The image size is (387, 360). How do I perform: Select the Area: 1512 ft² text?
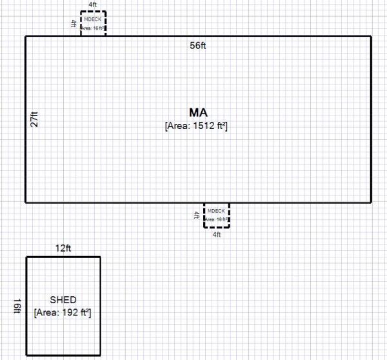click(197, 126)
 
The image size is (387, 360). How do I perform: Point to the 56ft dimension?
click(198, 46)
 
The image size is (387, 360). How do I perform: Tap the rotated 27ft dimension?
click(34, 119)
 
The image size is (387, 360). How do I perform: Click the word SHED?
click(63, 300)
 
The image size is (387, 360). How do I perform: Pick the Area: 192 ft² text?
click(63, 313)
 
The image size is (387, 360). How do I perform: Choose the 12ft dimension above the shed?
click(63, 248)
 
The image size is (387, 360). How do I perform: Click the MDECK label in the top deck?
click(93, 19)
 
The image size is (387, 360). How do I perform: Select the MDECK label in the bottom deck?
click(217, 211)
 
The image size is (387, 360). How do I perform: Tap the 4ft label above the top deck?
click(93, 5)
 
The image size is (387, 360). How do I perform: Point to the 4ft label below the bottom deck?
click(217, 235)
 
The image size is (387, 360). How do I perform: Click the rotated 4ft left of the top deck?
click(73, 23)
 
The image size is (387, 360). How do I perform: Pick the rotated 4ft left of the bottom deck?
click(197, 215)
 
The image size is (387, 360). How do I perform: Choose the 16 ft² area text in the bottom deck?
click(217, 220)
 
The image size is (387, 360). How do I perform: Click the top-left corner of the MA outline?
click(26, 36)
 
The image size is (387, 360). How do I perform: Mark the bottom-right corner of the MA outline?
click(371, 203)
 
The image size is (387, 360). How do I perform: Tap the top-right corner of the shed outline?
click(101, 257)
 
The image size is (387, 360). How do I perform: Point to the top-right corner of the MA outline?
click(371, 36)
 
